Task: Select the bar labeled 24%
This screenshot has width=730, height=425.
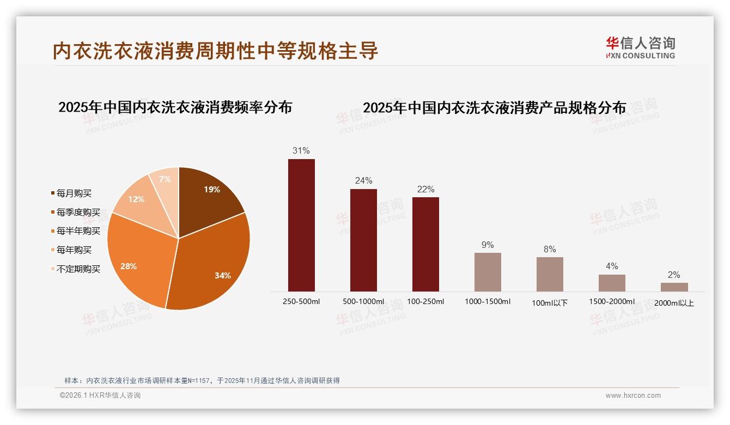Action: [x=363, y=240]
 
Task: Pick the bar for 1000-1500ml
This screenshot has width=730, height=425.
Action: [x=488, y=272]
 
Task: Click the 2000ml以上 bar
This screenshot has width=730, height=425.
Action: [x=674, y=287]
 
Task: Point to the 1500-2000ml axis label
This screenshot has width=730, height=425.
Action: [x=612, y=301]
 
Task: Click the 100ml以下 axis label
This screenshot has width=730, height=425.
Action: [x=550, y=303]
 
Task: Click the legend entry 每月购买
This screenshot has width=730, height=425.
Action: [x=74, y=193]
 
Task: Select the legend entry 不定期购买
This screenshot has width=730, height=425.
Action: [x=78, y=269]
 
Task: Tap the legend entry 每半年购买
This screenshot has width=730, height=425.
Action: [x=78, y=231]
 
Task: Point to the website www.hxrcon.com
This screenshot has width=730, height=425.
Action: [x=633, y=396]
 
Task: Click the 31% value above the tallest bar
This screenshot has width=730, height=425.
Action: [x=301, y=150]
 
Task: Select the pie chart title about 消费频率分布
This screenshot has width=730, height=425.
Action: [x=175, y=107]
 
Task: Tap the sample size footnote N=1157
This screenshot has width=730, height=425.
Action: [x=202, y=380]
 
